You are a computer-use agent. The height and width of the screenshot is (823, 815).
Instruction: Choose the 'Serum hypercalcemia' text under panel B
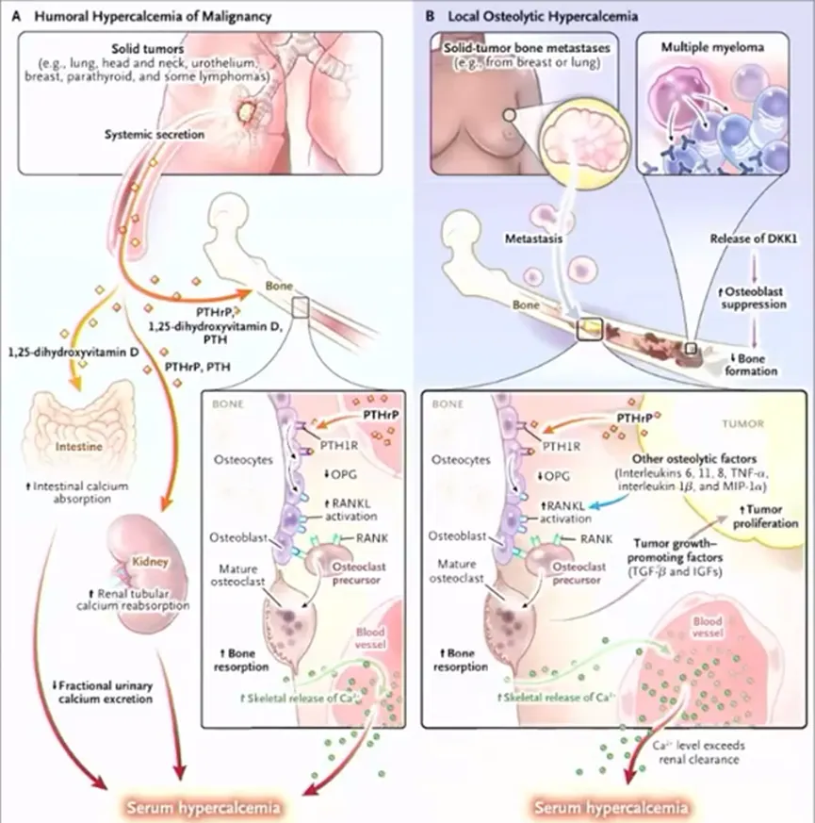click(608, 807)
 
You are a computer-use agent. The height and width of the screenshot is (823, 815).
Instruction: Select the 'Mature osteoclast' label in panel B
click(461, 574)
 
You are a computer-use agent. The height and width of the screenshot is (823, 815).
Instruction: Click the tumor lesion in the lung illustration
click(247, 114)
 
